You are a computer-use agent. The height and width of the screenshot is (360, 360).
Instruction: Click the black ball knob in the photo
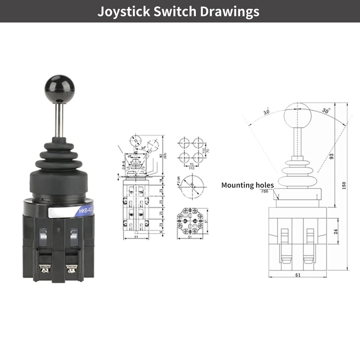click(x=59, y=89)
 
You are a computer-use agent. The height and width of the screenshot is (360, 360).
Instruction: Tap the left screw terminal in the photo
click(x=45, y=268)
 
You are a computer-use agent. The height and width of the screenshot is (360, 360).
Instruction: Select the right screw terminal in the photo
click(x=72, y=268)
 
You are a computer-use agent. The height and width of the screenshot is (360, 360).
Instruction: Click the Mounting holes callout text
click(x=247, y=185)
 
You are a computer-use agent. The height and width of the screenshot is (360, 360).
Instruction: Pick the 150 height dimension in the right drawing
click(x=344, y=185)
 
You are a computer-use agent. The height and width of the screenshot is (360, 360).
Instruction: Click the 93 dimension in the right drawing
click(x=332, y=156)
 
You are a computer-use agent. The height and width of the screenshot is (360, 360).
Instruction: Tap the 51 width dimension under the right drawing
click(x=297, y=275)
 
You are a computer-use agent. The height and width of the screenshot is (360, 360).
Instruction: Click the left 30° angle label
click(x=266, y=112)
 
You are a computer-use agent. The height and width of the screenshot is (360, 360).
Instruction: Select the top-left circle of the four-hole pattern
click(x=184, y=142)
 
